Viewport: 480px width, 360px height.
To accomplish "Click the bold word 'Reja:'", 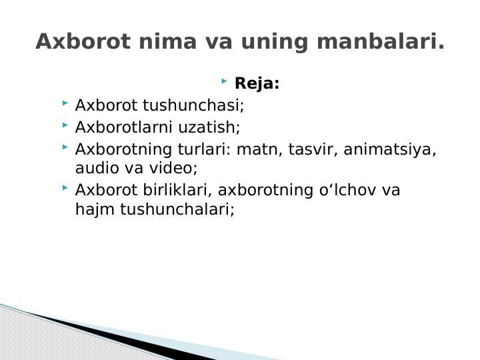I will [257, 85].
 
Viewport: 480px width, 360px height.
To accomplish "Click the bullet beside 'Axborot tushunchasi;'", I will [65, 104].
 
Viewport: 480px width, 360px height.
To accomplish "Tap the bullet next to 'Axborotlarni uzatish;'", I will [65, 125].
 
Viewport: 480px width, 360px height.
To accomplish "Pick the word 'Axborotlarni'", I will [124, 127].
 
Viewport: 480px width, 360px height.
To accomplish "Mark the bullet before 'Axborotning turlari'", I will [65, 147].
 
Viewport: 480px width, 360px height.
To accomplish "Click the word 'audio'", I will [93, 169].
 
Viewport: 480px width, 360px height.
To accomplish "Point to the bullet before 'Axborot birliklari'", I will [65, 189].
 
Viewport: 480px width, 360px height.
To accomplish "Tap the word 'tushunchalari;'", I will [177, 210].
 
